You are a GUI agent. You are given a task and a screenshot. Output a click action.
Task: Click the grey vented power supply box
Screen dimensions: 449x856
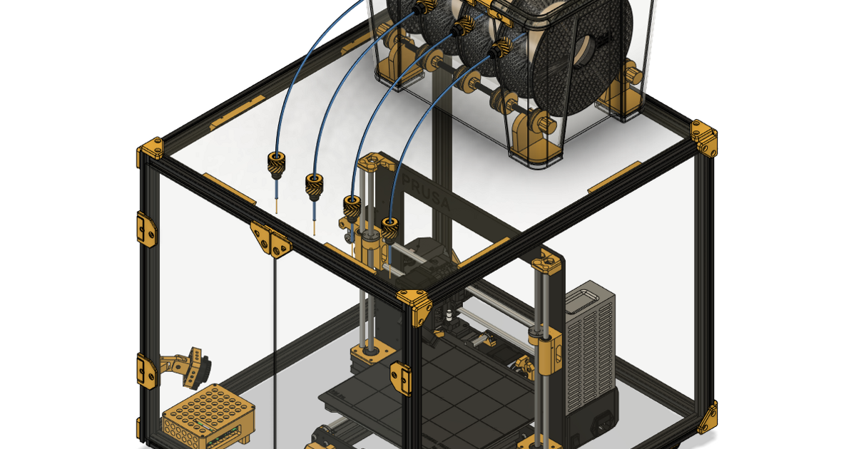pos(590,349)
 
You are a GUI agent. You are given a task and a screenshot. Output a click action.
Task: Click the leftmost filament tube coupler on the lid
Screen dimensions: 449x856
pos(276,164)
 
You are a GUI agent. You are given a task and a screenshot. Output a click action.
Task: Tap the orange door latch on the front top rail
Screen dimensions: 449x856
pos(270,239)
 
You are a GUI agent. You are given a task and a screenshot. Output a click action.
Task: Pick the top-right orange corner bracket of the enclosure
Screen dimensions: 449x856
pos(704,138)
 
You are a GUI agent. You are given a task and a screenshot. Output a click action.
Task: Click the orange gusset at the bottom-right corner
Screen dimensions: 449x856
pos(708,418)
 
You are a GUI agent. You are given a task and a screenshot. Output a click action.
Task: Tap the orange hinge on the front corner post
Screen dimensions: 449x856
pos(401,378)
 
